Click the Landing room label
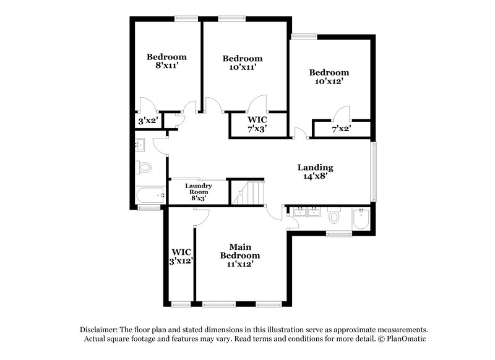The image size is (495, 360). point(316,167)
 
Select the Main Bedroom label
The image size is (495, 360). point(240,251)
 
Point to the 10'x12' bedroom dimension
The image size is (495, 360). point(329,80)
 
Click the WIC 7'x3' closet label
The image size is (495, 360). point(258,124)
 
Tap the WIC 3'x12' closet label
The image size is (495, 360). point(181,257)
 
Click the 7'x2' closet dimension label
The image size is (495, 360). point(342,129)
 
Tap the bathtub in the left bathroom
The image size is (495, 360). point(150,195)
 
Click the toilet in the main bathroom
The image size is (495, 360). point(334,216)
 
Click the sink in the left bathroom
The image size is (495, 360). point(140,146)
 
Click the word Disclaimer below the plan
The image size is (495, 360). point(100,330)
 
